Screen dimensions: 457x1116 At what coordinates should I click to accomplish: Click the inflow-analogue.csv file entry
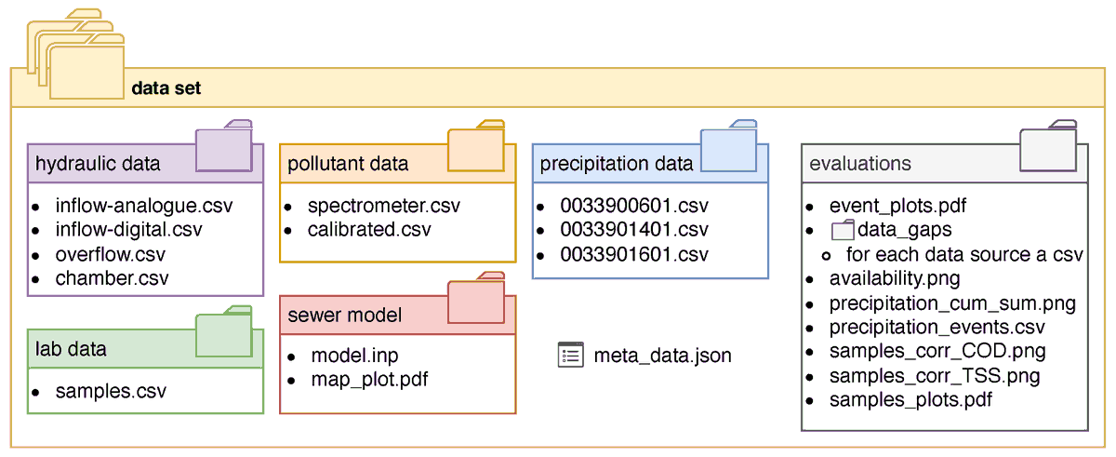(143, 206)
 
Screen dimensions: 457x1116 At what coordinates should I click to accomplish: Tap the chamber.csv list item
(112, 278)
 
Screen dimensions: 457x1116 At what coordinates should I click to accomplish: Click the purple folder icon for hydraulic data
(224, 147)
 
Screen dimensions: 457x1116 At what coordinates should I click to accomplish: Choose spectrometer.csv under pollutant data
(383, 206)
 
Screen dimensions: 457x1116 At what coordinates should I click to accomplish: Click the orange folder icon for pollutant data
(476, 147)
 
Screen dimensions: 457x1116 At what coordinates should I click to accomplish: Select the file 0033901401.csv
(633, 230)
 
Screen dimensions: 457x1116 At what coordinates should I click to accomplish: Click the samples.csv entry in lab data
(111, 391)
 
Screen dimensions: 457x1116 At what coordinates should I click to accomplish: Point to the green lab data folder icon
(224, 332)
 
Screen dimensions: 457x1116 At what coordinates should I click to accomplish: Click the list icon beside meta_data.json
(570, 355)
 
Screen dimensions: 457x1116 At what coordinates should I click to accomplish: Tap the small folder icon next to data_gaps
(842, 230)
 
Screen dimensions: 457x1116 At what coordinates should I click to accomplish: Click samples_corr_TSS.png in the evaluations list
(935, 376)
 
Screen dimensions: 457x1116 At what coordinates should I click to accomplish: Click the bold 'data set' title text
(166, 89)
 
